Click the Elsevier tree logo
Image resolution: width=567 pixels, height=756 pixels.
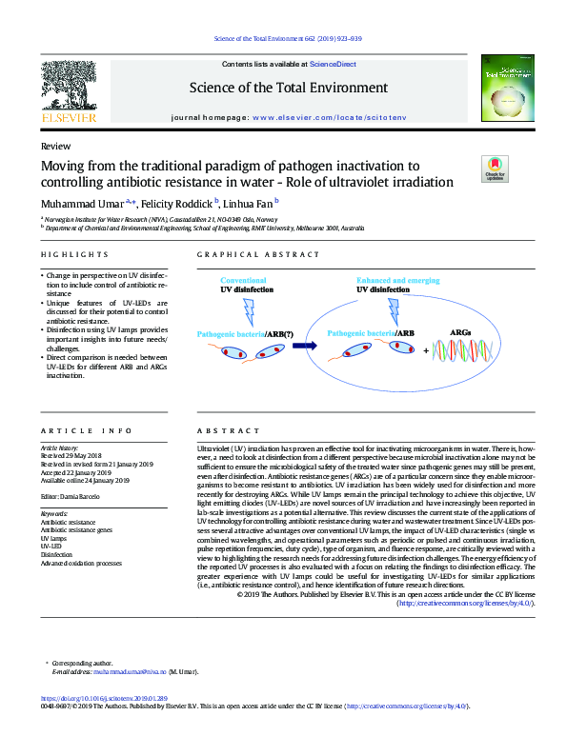point(70,91)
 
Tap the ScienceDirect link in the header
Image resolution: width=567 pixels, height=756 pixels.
point(333,65)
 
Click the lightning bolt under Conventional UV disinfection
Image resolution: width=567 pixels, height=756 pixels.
point(250,309)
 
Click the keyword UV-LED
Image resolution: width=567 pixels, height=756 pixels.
point(51,545)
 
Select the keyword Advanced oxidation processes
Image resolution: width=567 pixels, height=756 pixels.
point(81,563)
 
